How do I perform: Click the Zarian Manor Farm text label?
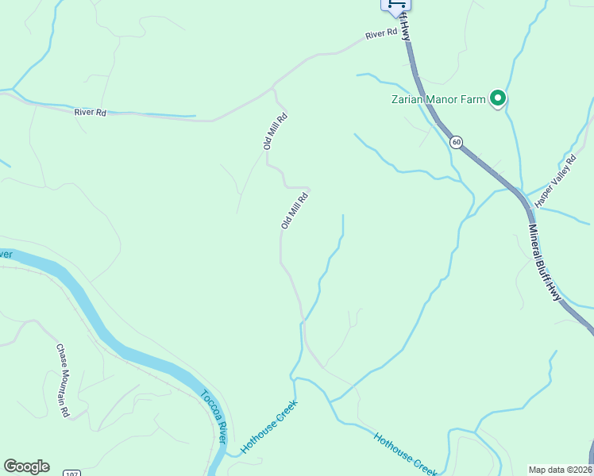click(438, 100)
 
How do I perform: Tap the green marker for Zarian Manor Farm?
click(498, 98)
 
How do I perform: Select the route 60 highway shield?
click(456, 142)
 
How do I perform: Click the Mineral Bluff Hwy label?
click(546, 262)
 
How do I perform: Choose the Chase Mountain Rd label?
click(64, 380)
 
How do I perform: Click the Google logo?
click(26, 466)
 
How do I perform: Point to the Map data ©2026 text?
click(561, 469)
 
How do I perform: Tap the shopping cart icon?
click(395, 5)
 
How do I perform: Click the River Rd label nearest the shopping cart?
click(380, 34)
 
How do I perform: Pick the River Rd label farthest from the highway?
click(90, 112)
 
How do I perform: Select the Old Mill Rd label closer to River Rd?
click(275, 132)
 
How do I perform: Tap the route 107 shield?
click(72, 472)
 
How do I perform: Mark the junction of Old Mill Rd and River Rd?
click(274, 86)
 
